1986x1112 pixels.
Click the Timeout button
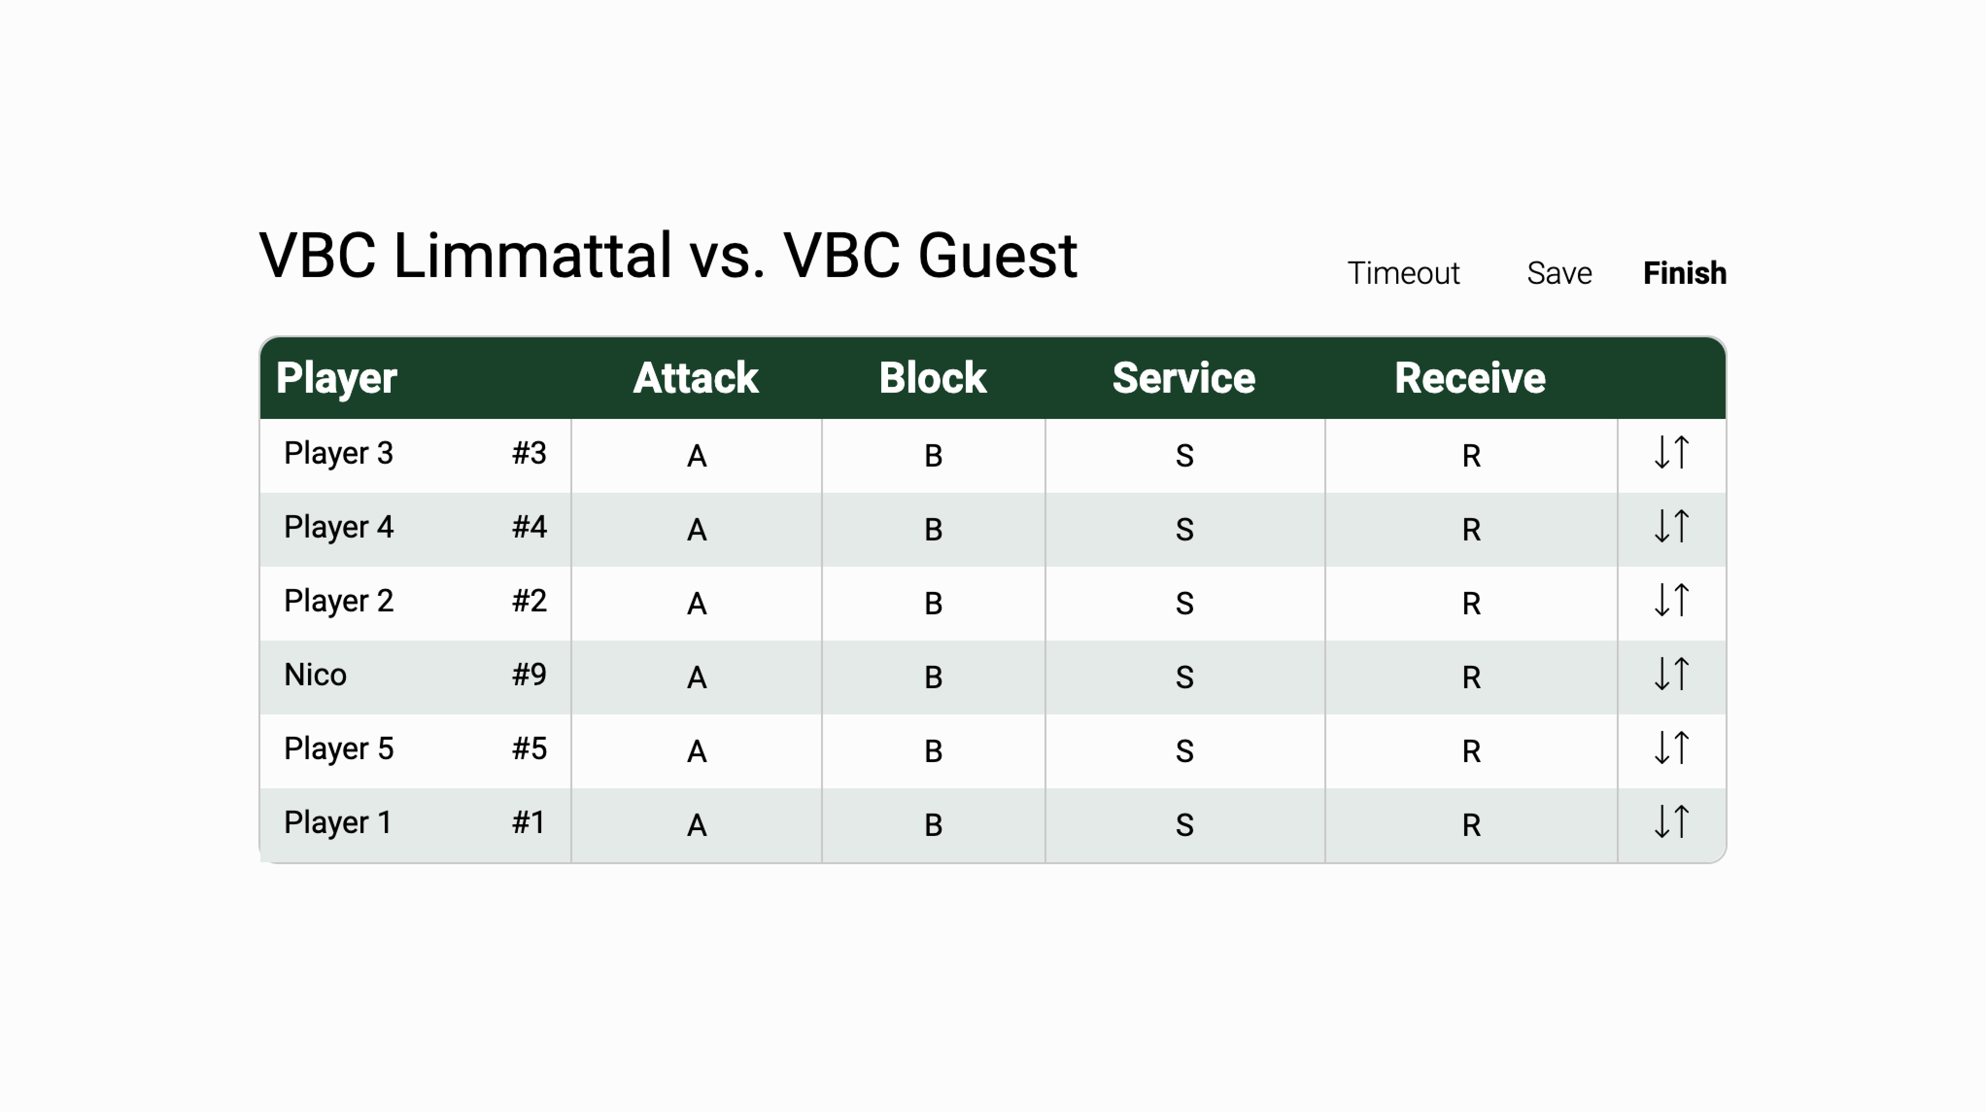1403,273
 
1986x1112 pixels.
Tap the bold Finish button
1685,273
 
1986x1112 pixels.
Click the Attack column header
695,378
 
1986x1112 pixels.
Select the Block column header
933,378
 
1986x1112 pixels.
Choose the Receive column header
1470,378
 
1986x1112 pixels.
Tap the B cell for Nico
933,677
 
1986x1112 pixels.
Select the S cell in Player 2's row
1185,603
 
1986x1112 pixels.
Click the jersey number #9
529,675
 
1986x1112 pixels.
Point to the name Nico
315,675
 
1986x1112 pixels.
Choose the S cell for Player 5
1185,751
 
